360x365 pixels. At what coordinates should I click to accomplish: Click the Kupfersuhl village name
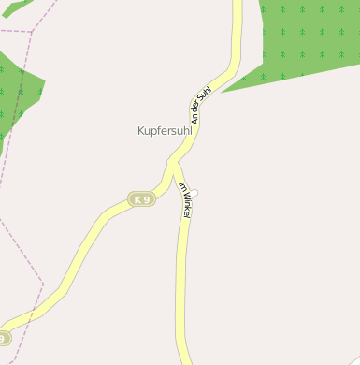pyautogui.click(x=165, y=132)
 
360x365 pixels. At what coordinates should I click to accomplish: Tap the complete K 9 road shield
pyautogui.click(x=141, y=199)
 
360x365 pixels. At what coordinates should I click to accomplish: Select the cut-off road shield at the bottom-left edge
pyautogui.click(x=4, y=338)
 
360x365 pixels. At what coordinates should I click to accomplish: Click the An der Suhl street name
pyautogui.click(x=200, y=104)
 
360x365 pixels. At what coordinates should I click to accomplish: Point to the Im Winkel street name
pyautogui.click(x=185, y=199)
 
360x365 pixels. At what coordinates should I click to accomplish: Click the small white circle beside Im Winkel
pyautogui.click(x=194, y=193)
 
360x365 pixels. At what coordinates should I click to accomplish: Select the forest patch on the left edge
pyautogui.click(x=14, y=94)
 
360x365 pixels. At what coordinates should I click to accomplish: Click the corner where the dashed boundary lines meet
pyautogui.click(x=31, y=32)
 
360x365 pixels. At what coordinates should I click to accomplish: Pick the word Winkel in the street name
pyautogui.click(x=186, y=205)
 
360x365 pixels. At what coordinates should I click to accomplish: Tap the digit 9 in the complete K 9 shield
pyautogui.click(x=146, y=199)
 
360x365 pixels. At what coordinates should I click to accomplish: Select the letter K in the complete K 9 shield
pyautogui.click(x=137, y=199)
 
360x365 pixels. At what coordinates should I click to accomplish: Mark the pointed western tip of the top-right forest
pyautogui.click(x=223, y=91)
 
